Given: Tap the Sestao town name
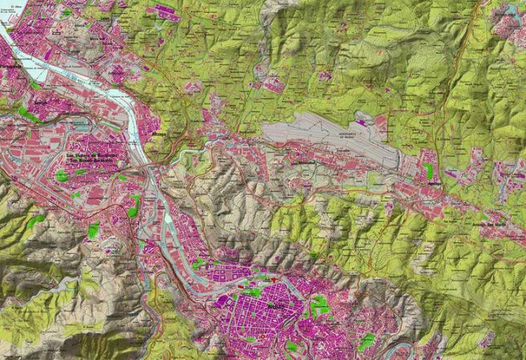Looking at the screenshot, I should click(40, 103).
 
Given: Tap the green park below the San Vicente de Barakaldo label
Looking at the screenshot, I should click(62, 175).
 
